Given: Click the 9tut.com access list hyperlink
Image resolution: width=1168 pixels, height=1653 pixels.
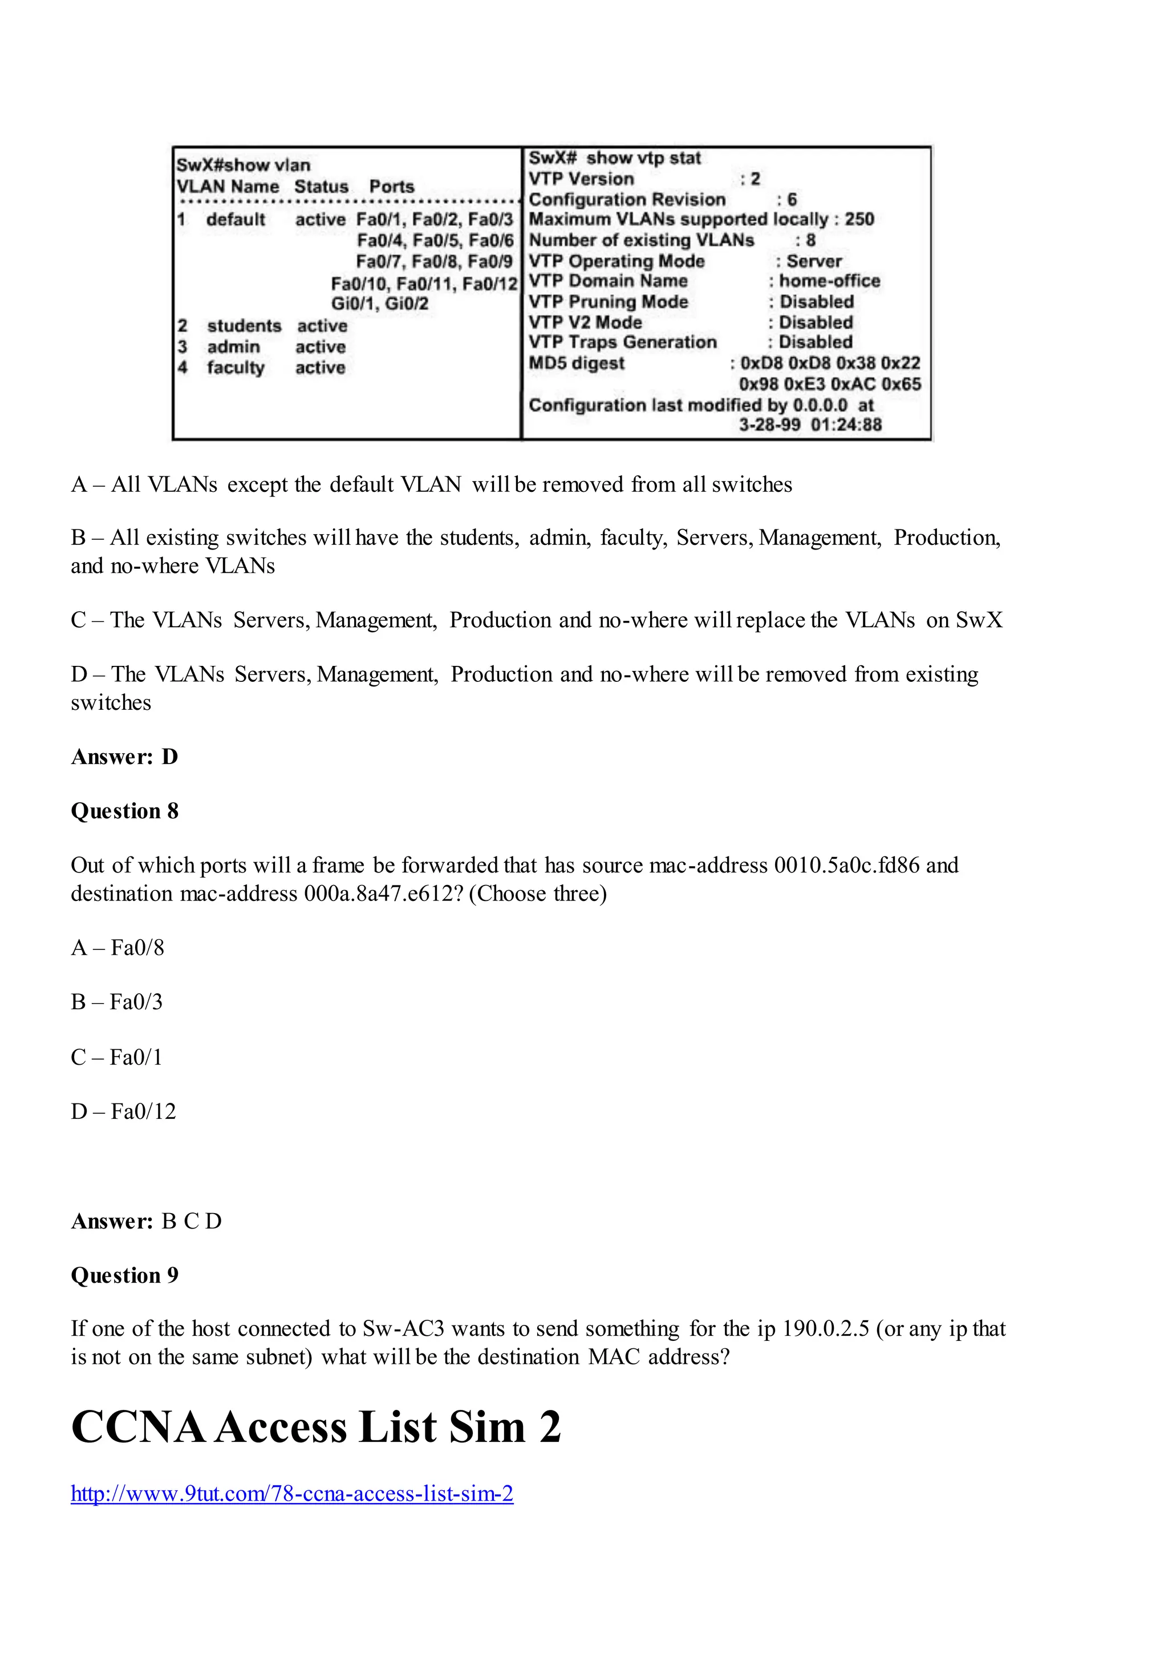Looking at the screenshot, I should [x=291, y=1493].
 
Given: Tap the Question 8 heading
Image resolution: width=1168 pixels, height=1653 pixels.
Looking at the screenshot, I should [x=124, y=811].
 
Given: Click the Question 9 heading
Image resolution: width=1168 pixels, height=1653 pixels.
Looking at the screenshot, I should [x=124, y=1275].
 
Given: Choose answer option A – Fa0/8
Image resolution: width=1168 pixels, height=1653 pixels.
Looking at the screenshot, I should [x=117, y=947].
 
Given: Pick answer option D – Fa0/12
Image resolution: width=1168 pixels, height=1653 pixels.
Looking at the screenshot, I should [x=123, y=1111].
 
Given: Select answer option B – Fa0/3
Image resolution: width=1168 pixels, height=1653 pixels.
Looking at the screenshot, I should [x=116, y=1001].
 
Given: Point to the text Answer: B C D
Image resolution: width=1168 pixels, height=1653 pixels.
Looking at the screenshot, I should [x=146, y=1221].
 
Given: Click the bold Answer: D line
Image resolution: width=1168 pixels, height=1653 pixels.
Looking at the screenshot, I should [x=124, y=757].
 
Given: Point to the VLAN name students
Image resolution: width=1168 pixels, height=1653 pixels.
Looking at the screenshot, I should [x=244, y=326].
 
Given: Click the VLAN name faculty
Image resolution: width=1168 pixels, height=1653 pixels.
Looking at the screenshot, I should [x=236, y=368].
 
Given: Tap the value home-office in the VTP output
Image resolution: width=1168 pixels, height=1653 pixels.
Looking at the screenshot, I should [x=829, y=281].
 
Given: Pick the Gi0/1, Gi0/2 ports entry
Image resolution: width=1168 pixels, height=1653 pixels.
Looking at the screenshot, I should [x=379, y=303].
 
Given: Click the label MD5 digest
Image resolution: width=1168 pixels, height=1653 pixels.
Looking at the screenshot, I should [x=577, y=363].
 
